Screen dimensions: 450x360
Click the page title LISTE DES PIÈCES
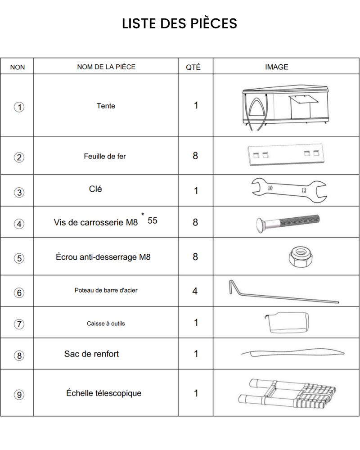[x=180, y=23]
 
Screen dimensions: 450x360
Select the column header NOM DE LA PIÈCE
[x=106, y=67]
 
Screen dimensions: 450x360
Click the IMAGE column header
[x=276, y=67]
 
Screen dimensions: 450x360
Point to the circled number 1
[x=19, y=107]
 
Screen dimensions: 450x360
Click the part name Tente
[x=106, y=106]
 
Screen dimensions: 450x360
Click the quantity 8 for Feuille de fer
[x=195, y=156]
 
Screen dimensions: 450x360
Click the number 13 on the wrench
[x=304, y=191]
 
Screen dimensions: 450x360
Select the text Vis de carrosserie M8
[x=96, y=222]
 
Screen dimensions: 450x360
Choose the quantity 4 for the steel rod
[x=195, y=291]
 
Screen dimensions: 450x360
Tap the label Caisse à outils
[x=106, y=324]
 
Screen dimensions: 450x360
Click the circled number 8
[x=19, y=355]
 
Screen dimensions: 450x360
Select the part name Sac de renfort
[x=91, y=354]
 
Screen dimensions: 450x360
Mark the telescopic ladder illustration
[x=286, y=393]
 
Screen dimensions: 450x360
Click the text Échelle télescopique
[x=104, y=393]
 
